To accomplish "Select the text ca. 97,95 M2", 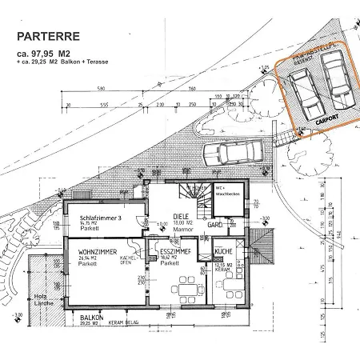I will (x=43, y=54).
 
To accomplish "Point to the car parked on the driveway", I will (x=233, y=151).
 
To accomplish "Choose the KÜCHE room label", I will (x=223, y=252).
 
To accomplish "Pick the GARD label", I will (x=214, y=226).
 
